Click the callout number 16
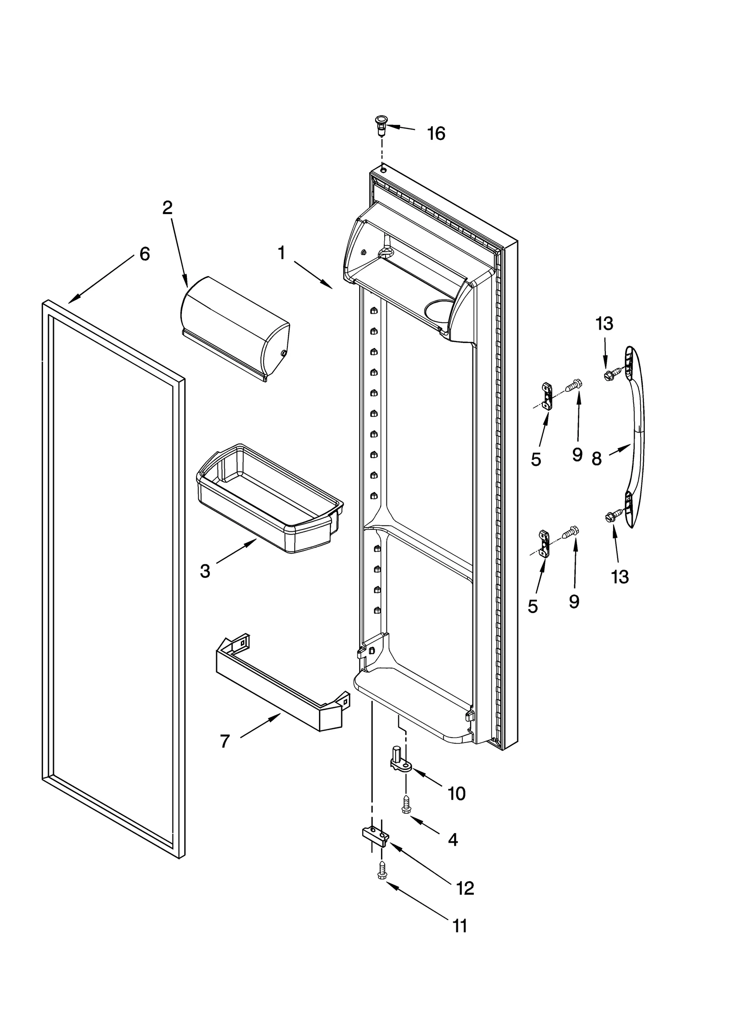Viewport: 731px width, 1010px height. point(435,134)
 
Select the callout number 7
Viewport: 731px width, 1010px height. point(224,741)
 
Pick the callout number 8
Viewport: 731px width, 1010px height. point(596,459)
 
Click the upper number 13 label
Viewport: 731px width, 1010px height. point(604,324)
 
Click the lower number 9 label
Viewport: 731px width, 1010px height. point(574,602)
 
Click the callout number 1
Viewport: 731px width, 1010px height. point(281,252)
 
